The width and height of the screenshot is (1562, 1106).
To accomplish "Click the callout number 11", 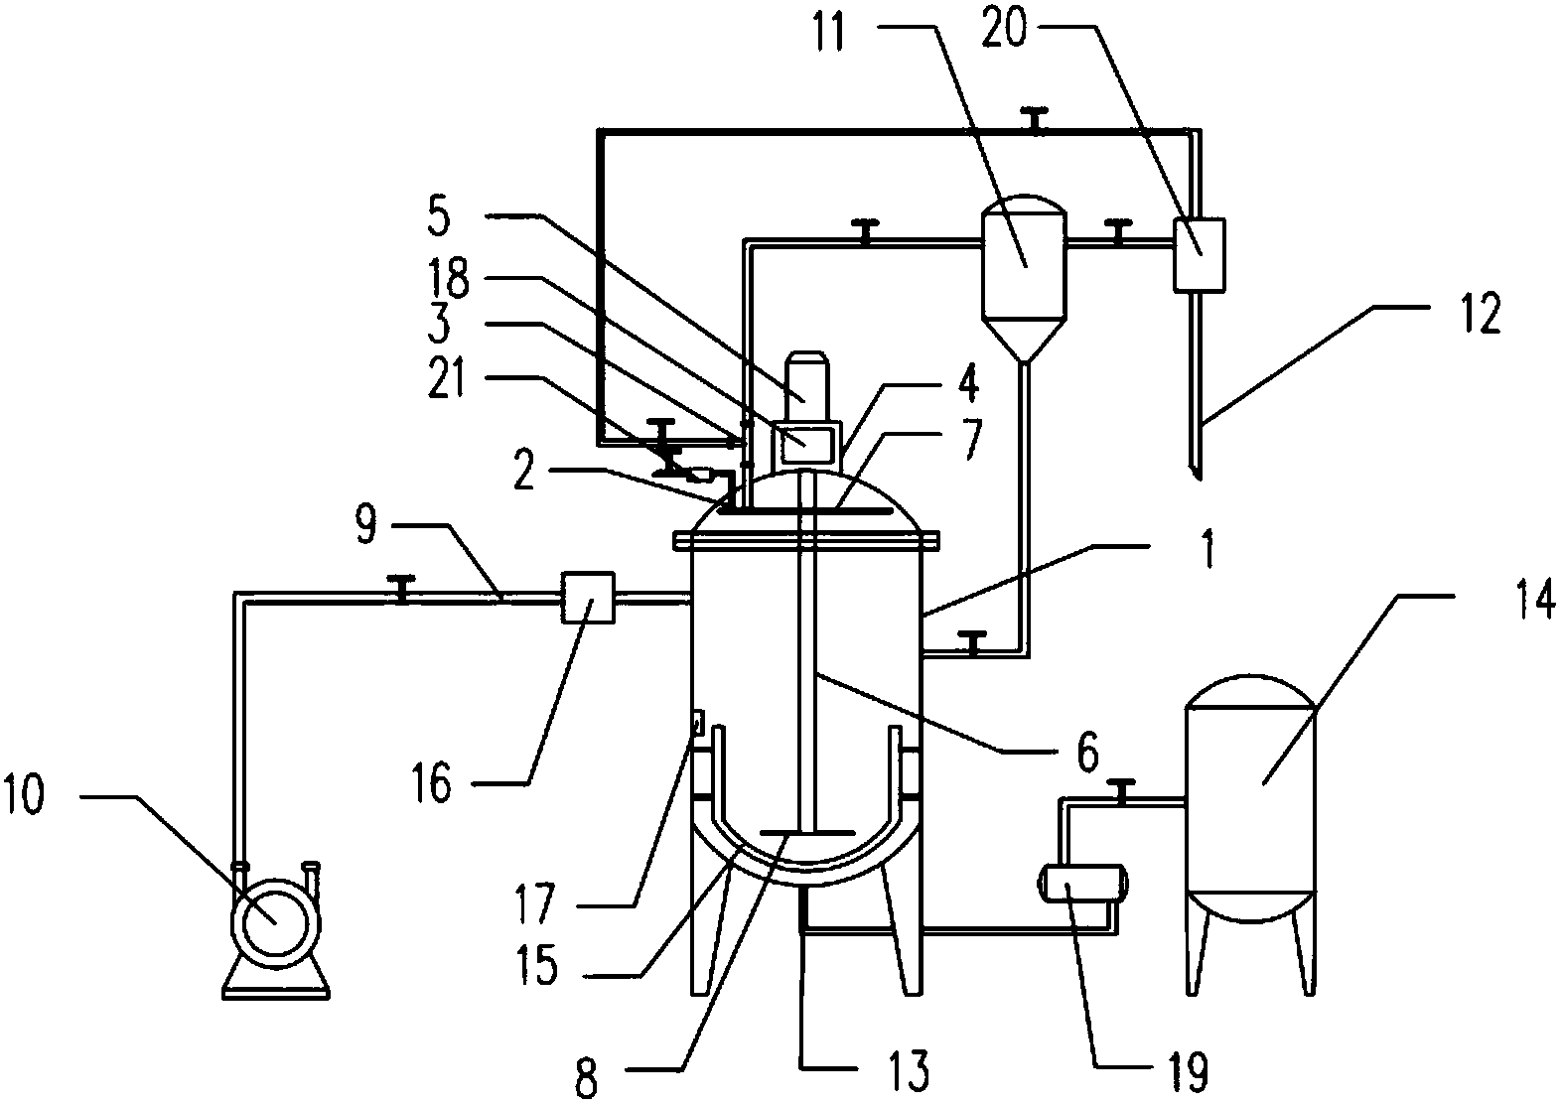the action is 829,32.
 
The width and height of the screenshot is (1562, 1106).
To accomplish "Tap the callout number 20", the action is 1004,30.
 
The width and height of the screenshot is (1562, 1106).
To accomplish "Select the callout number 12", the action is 1479,314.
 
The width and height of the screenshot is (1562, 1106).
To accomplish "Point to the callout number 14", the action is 1535,599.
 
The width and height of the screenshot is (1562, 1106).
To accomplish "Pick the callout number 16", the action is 432,782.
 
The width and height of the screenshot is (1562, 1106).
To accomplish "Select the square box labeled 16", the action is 588,597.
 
